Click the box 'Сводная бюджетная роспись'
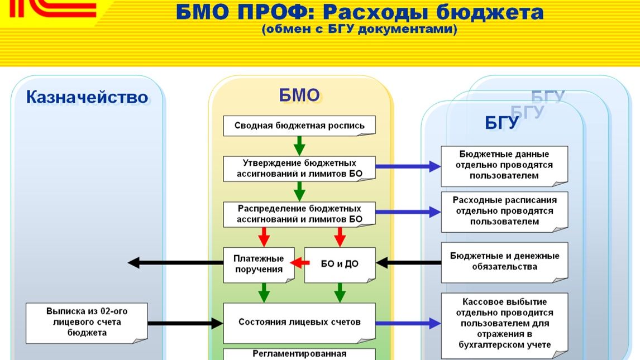(x=299, y=126)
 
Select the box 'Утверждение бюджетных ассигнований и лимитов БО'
(x=299, y=169)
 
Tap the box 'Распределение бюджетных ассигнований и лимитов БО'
(x=299, y=214)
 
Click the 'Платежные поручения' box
(x=259, y=264)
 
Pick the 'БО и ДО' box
(x=340, y=264)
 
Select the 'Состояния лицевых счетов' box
(x=299, y=322)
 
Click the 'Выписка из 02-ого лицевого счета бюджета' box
(x=87, y=323)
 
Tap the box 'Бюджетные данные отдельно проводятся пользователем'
(x=504, y=165)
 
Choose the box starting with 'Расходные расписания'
(x=504, y=211)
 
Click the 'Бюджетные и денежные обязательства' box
(x=504, y=262)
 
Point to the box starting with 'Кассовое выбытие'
(x=504, y=324)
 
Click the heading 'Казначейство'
(x=87, y=98)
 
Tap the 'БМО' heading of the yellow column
(x=299, y=96)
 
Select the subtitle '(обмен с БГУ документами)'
(x=360, y=29)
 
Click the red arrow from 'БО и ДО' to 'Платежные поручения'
(x=299, y=263)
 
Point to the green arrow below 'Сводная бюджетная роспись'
(x=299, y=145)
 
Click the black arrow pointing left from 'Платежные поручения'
(x=175, y=262)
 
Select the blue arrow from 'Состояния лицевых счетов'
(x=408, y=323)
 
